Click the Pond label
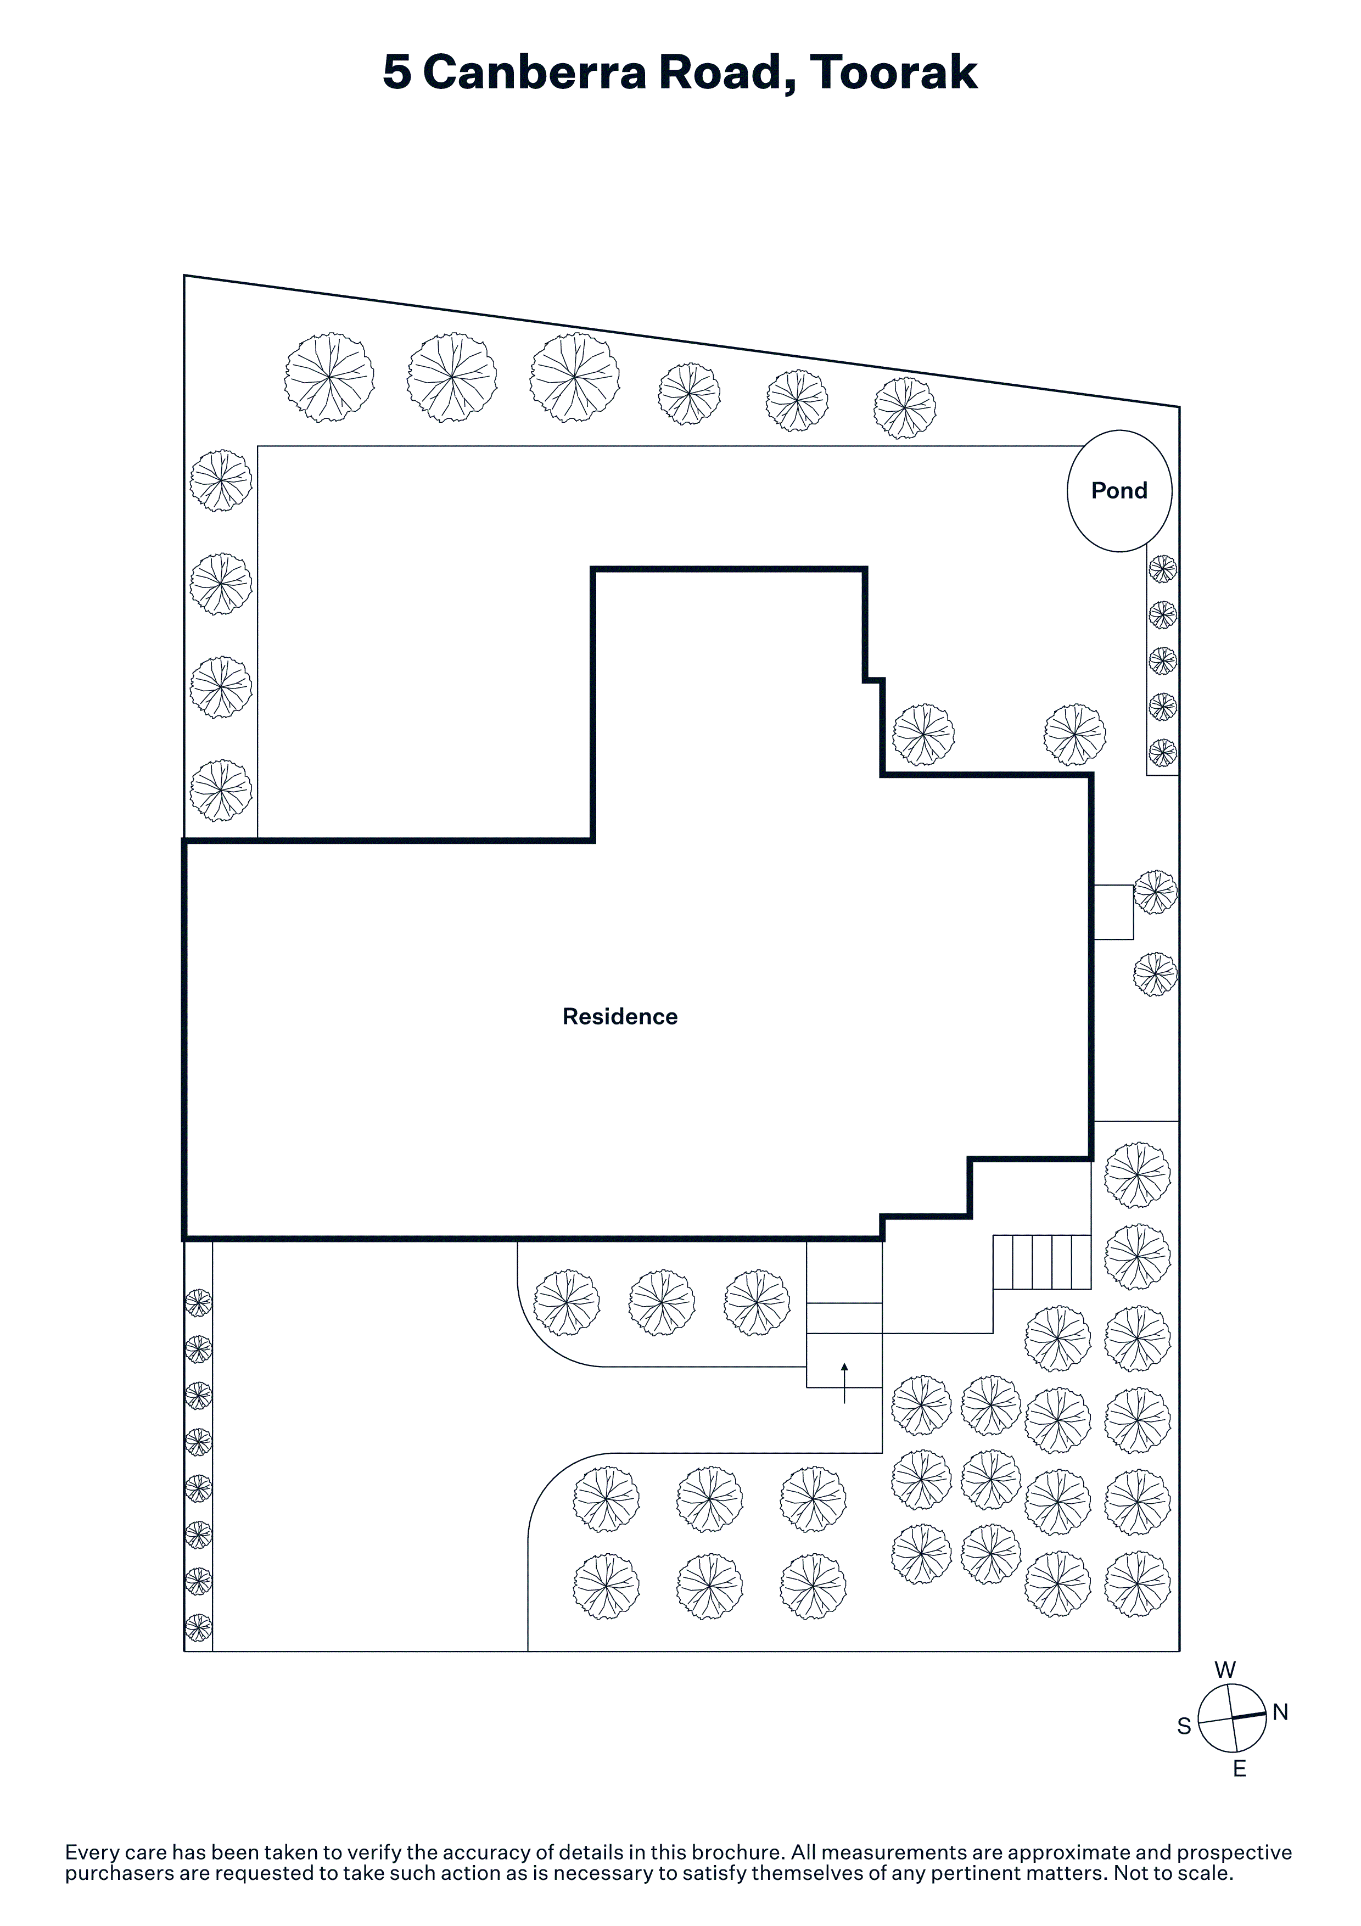[x=1119, y=491]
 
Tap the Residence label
[x=620, y=1017]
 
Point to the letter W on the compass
[x=1225, y=1669]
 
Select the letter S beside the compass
[x=1184, y=1726]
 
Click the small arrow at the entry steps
[x=844, y=1383]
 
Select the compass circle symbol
[x=1232, y=1719]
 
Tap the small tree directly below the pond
[x=1162, y=569]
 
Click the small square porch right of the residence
[x=1113, y=912]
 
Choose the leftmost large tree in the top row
[x=329, y=378]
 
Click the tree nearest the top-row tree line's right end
[x=905, y=408]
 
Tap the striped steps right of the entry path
[x=1043, y=1262]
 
